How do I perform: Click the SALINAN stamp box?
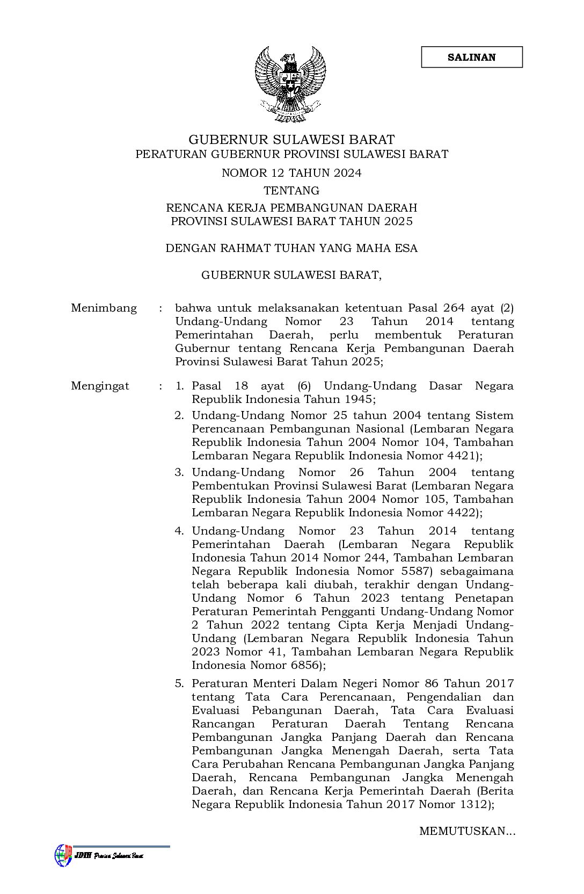[471, 57]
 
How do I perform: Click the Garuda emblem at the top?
[291, 83]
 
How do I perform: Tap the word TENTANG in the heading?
[291, 191]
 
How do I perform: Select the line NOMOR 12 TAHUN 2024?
[291, 173]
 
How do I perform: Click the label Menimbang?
[104, 308]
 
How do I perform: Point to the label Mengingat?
[100, 386]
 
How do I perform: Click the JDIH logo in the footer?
[63, 855]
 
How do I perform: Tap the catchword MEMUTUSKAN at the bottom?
[466, 832]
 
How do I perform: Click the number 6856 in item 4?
[304, 665]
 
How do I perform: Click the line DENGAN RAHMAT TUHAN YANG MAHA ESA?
[291, 249]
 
